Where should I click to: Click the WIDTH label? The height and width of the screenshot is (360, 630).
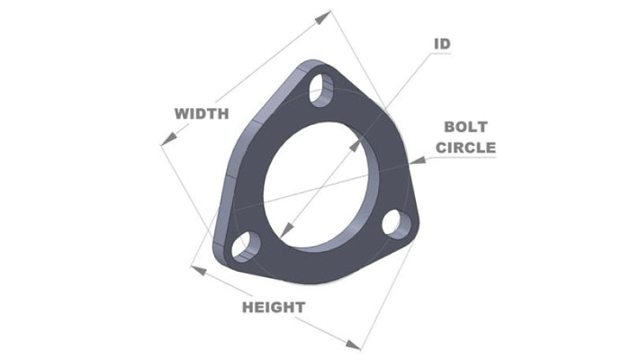pyautogui.click(x=202, y=113)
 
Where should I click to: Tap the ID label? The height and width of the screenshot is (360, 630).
pyautogui.click(x=442, y=43)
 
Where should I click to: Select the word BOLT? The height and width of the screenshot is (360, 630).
pyautogui.click(x=465, y=129)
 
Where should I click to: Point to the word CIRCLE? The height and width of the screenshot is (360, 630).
pyautogui.click(x=466, y=147)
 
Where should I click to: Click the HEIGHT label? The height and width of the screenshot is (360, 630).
pyautogui.click(x=274, y=307)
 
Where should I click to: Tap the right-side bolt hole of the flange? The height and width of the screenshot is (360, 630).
pyautogui.click(x=393, y=220)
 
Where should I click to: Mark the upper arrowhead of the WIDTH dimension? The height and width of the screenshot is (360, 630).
pyautogui.click(x=326, y=14)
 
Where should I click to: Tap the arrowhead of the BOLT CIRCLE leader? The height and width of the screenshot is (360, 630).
pyautogui.click(x=409, y=162)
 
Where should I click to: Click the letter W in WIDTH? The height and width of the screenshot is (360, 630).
pyautogui.click(x=181, y=113)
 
